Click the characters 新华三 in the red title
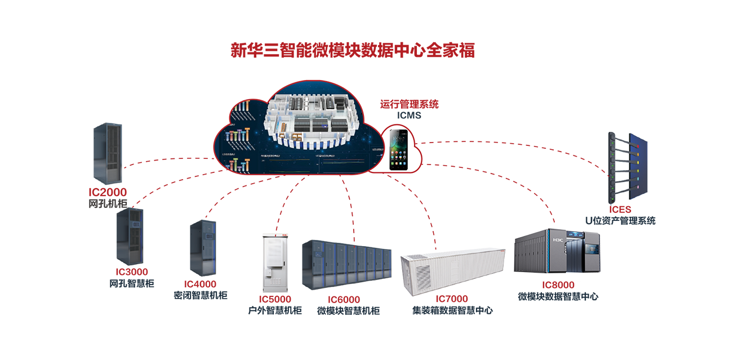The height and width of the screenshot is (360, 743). (x=247, y=51)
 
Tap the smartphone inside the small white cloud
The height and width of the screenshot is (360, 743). (x=399, y=150)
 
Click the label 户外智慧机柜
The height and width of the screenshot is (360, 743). (x=275, y=310)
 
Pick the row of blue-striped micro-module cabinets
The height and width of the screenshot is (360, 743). (x=346, y=263)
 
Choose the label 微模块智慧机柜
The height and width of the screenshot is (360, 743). (x=348, y=310)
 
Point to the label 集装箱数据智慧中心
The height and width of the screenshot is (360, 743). (x=452, y=310)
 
